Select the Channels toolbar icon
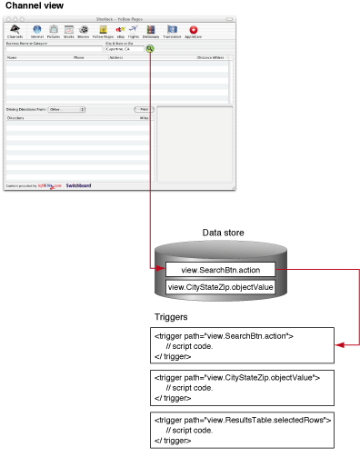[x=16, y=31]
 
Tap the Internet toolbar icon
[x=37, y=31]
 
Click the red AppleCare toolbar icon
[x=194, y=31]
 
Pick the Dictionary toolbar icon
[x=150, y=31]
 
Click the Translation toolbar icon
[x=172, y=31]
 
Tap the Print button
[x=144, y=109]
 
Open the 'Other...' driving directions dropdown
[x=67, y=109]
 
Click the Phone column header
[x=79, y=57]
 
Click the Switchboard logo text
[x=78, y=185]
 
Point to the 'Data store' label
[x=222, y=233]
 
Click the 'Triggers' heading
[x=172, y=317]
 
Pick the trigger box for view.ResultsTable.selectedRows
[x=243, y=429]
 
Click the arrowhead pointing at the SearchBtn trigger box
[x=340, y=345]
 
